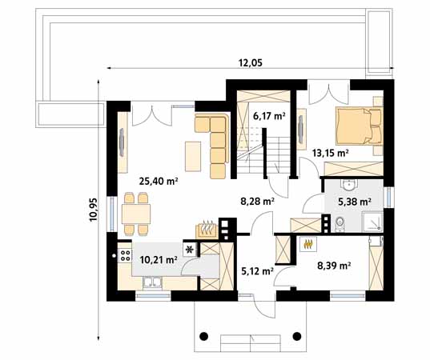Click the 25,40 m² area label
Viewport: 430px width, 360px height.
[159, 181]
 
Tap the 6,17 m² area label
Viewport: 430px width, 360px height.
[269, 116]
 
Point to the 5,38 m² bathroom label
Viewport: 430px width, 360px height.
[353, 202]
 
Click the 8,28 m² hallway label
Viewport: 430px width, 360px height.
[258, 202]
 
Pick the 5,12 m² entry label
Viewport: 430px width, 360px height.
[257, 270]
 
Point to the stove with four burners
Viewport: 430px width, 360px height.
[126, 257]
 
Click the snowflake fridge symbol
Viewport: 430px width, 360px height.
[190, 249]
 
